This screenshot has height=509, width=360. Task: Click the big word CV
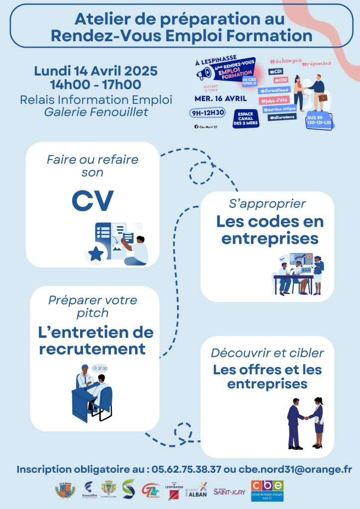[x=92, y=200]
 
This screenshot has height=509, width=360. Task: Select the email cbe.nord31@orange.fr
[x=295, y=469]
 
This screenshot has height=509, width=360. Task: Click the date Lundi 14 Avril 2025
[x=95, y=71]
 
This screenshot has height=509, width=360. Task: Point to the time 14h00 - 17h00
[x=95, y=85]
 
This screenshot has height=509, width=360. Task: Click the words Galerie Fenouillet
[x=96, y=112]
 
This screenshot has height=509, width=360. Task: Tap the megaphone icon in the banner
[x=204, y=74]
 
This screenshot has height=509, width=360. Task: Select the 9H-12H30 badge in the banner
[x=208, y=113]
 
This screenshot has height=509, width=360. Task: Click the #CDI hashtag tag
[x=274, y=72]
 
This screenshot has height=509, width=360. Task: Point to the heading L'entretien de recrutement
[x=96, y=340]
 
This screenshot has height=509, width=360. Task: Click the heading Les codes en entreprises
[x=270, y=230]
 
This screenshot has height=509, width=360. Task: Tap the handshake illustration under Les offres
[x=305, y=423]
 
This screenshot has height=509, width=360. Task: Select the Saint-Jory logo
[x=229, y=492]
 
